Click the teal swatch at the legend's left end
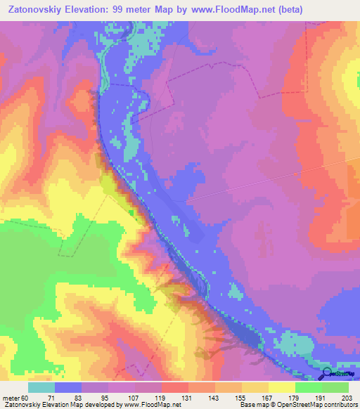(41, 387)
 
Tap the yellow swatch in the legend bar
(282, 387)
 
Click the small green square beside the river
(130, 212)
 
